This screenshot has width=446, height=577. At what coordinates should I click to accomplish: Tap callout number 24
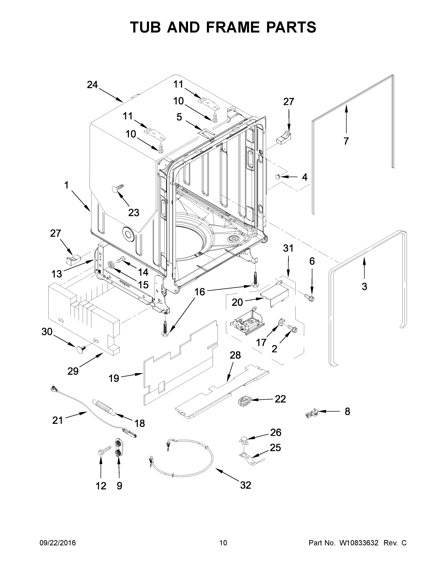click(x=92, y=85)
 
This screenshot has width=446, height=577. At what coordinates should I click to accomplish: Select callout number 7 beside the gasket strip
click(x=346, y=141)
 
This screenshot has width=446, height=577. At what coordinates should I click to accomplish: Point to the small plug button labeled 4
click(x=277, y=177)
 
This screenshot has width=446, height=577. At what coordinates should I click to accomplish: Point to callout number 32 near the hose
click(x=245, y=485)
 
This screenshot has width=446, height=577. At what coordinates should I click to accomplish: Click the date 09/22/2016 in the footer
click(x=58, y=543)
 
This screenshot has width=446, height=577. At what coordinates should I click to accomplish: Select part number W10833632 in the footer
click(x=358, y=543)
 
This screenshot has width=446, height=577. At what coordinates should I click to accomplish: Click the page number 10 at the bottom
click(x=223, y=543)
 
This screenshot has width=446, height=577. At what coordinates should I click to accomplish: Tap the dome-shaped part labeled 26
click(x=244, y=440)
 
